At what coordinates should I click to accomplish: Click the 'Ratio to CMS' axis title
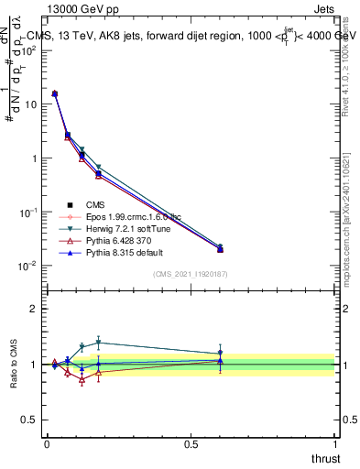(x=14, y=365)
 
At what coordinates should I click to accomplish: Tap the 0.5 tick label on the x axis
(x=191, y=444)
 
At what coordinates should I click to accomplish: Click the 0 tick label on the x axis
(x=47, y=444)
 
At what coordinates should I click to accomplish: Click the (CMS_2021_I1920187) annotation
(x=190, y=274)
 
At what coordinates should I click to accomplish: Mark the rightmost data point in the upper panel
(x=220, y=249)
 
